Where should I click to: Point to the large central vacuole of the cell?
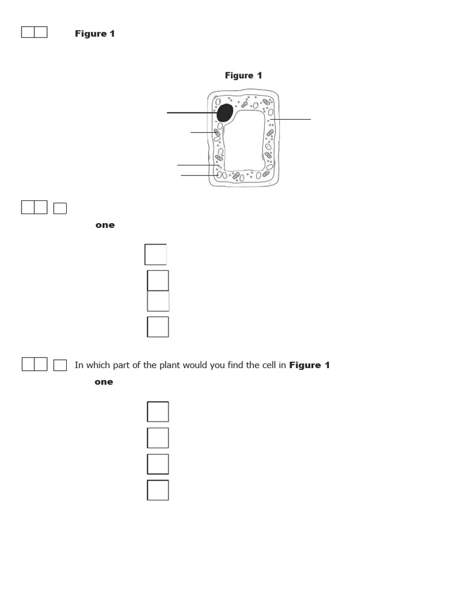click(x=244, y=141)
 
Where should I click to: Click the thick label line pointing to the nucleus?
click(x=189, y=112)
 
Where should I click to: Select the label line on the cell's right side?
click(x=292, y=120)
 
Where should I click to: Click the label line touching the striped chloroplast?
click(x=202, y=132)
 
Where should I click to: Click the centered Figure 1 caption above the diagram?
click(x=243, y=75)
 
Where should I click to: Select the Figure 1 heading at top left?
click(x=94, y=34)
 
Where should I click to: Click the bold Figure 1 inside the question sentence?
click(x=309, y=365)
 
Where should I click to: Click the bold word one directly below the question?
click(x=103, y=382)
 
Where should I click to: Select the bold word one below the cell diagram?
click(x=105, y=225)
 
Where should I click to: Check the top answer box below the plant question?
click(x=158, y=411)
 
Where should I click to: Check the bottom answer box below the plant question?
click(x=158, y=490)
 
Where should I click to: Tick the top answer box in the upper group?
click(x=156, y=254)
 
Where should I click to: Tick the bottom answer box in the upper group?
click(x=158, y=327)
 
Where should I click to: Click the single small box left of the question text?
click(x=60, y=365)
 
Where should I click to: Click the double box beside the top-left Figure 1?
click(x=34, y=32)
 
